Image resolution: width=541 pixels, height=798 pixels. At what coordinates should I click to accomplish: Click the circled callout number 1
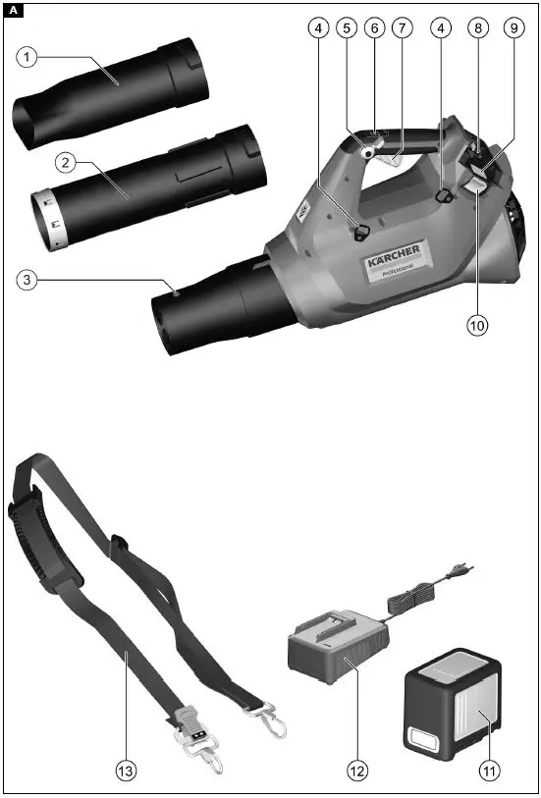pos(29,58)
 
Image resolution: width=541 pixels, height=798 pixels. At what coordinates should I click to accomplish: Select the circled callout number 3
pos(29,281)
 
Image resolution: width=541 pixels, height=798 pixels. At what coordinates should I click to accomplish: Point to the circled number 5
pos(346,28)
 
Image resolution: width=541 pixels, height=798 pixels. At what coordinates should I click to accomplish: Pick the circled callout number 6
pos(374,28)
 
